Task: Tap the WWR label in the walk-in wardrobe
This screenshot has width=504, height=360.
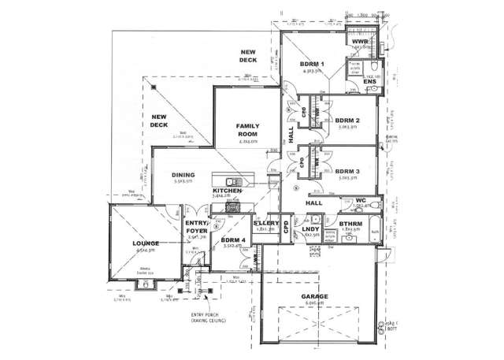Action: (361, 41)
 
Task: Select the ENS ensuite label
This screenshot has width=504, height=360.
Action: (369, 81)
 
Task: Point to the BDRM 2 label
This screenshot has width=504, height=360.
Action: (346, 121)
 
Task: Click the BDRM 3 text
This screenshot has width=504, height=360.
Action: (346, 171)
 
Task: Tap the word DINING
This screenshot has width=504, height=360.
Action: (183, 176)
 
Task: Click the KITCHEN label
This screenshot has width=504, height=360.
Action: (227, 191)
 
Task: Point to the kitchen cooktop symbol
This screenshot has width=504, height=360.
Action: (233, 209)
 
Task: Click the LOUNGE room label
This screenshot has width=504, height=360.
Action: (146, 243)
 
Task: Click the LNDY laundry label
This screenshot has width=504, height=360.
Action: (310, 229)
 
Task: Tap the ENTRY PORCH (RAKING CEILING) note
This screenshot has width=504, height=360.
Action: (208, 318)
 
